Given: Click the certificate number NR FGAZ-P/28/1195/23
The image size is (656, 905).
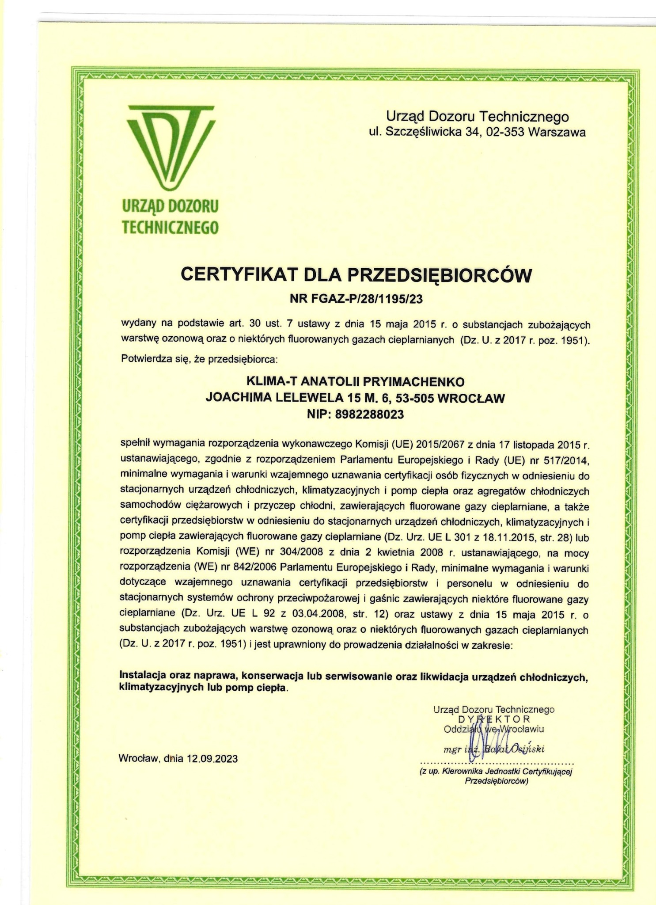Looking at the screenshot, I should coord(356,300).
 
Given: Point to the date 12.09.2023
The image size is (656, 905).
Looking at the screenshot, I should coord(212,759).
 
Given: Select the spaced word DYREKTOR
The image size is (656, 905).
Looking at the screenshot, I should coord(494,719).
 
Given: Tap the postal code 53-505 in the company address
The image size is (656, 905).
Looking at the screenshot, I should coord(414,398).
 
